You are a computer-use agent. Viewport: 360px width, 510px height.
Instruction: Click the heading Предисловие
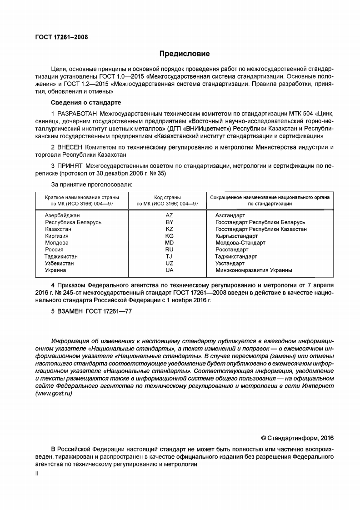point(184,54)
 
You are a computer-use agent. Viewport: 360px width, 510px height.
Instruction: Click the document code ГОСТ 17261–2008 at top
point(61,37)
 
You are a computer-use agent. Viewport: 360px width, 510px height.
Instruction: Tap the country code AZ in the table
point(169,215)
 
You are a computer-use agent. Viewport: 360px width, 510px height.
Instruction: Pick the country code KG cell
point(169,236)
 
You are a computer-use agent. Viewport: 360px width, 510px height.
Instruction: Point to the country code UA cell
point(169,270)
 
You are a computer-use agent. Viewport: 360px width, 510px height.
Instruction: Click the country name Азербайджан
point(62,215)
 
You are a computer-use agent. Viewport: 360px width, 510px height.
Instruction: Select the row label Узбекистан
point(60,263)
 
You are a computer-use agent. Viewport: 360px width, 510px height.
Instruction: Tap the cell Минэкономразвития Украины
point(253,270)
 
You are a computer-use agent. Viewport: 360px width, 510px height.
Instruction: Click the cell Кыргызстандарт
point(236,236)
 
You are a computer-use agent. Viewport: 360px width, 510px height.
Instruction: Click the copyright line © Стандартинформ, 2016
point(297,438)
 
